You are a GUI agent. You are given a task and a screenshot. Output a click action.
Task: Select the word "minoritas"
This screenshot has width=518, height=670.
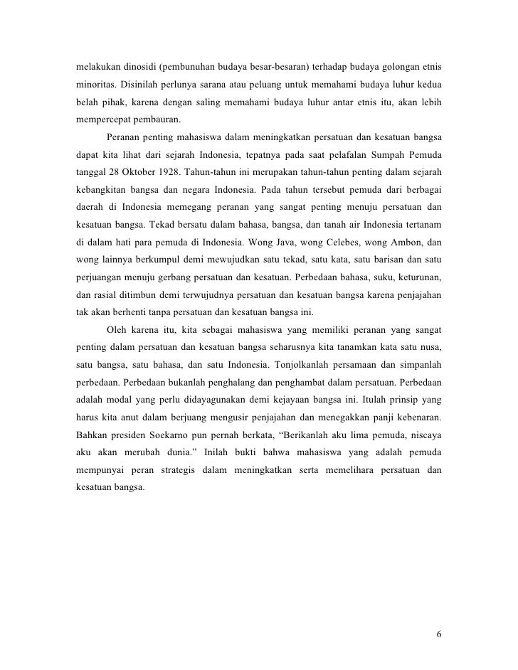(96, 85)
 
